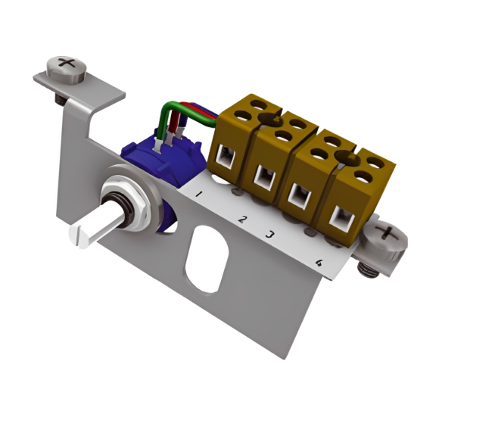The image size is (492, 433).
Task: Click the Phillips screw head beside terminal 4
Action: coord(386,234)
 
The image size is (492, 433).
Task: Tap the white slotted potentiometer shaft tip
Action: coord(83,234)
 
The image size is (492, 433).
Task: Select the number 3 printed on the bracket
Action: coord(269,233)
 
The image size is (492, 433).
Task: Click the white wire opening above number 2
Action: coord(264,179)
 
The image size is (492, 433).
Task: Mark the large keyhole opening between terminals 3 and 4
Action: coord(347,157)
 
